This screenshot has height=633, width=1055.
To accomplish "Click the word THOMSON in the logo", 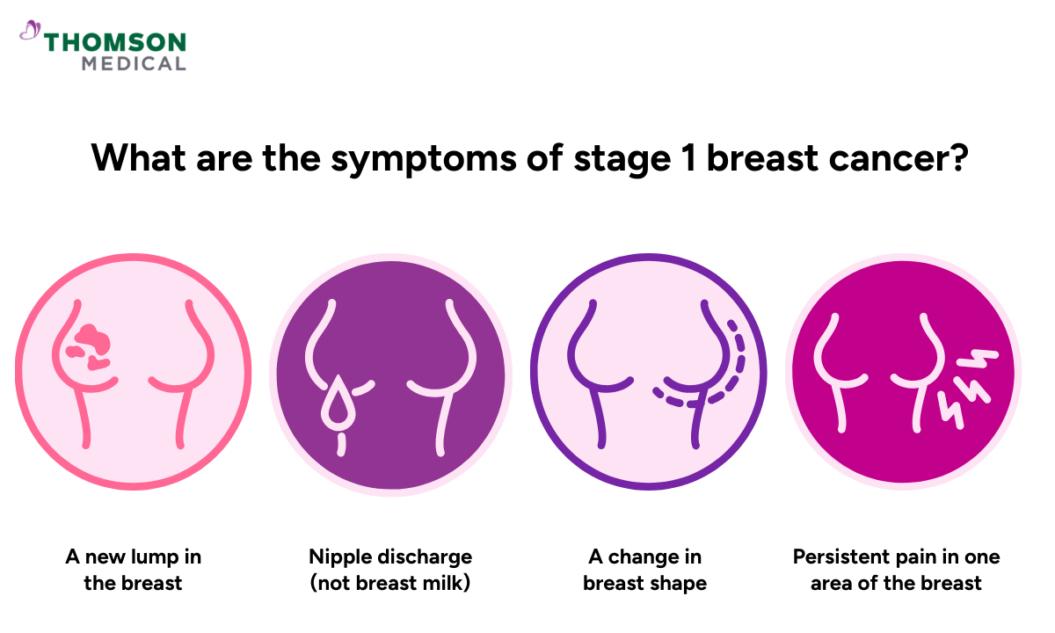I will coord(115,42).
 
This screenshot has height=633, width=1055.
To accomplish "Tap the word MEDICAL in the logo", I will coord(134,63).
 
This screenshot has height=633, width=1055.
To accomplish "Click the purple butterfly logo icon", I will coord(30,32).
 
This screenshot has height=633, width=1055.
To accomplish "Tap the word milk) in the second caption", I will coord(446,583).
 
